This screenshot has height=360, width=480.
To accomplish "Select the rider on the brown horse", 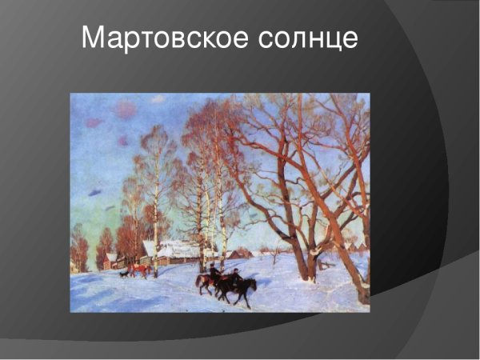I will point(214,270).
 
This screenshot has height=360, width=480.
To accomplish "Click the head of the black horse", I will point(253,283).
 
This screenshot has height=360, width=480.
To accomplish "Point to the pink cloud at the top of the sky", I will point(126,109).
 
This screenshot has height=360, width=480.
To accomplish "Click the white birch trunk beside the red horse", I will point(154,240).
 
